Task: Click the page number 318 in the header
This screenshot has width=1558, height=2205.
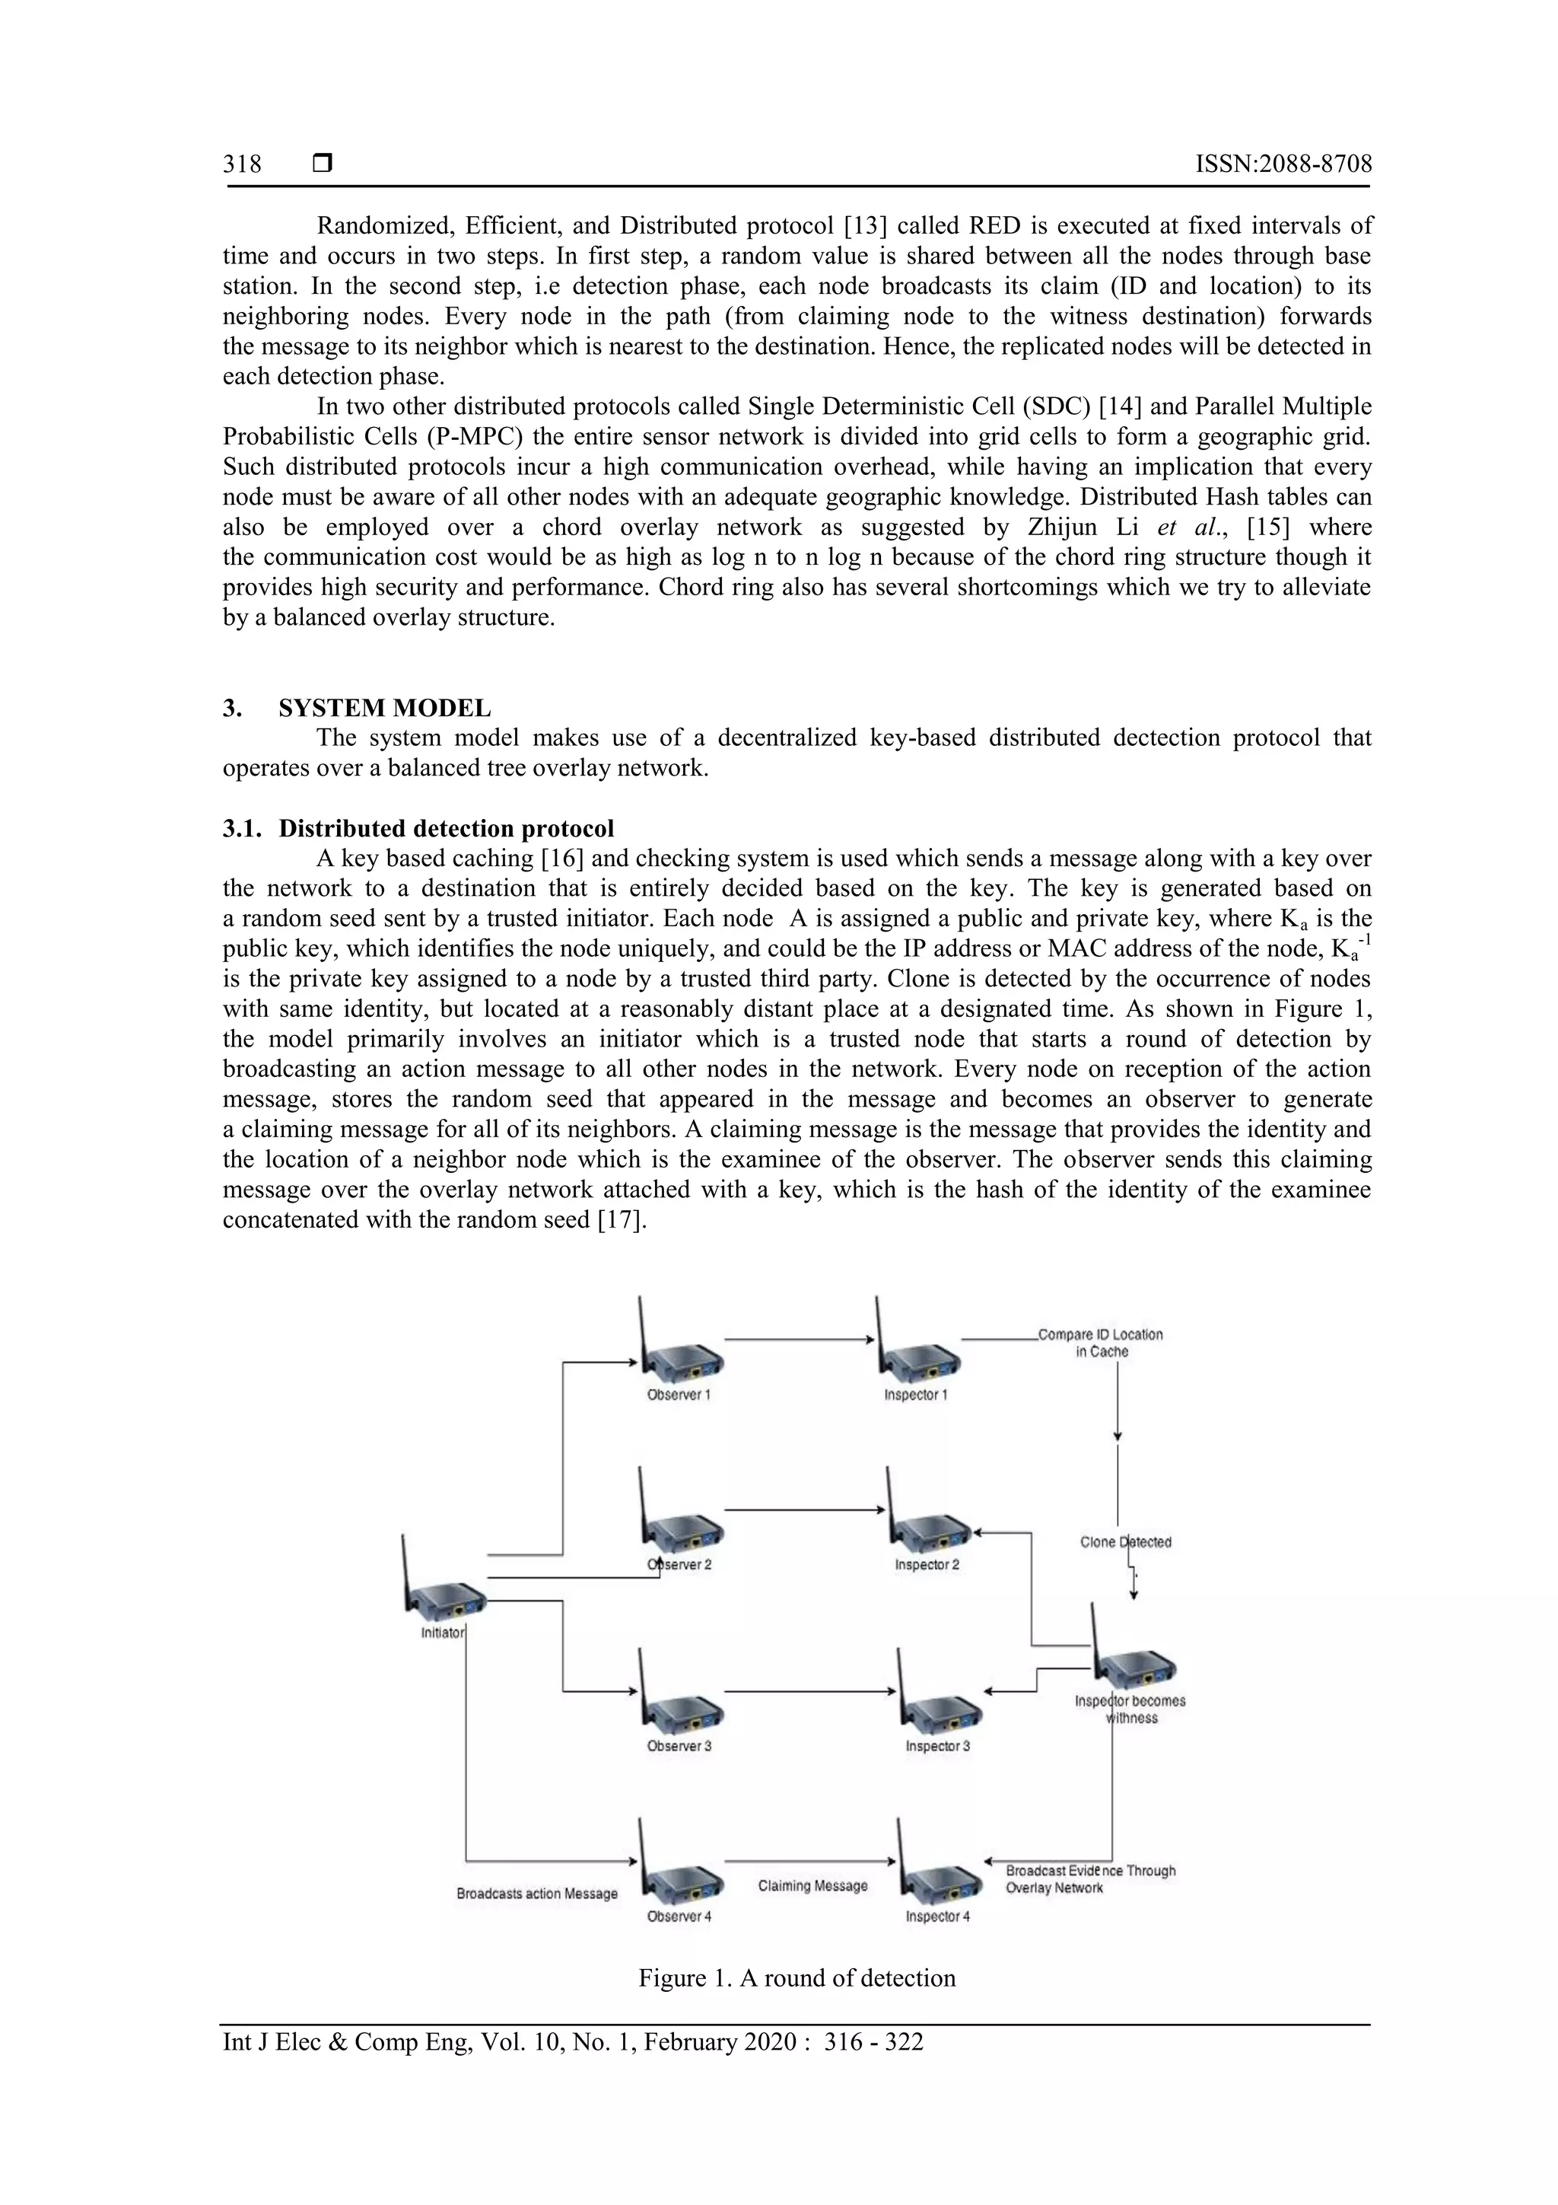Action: point(242,164)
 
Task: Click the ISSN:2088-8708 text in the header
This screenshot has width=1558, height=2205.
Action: point(1283,164)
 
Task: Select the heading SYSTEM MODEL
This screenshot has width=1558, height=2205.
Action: point(384,709)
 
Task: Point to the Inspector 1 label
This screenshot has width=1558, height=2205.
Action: point(915,1395)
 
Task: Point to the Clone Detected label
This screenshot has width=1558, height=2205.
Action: point(1125,1542)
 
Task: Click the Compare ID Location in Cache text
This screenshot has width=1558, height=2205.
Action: point(1100,1343)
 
